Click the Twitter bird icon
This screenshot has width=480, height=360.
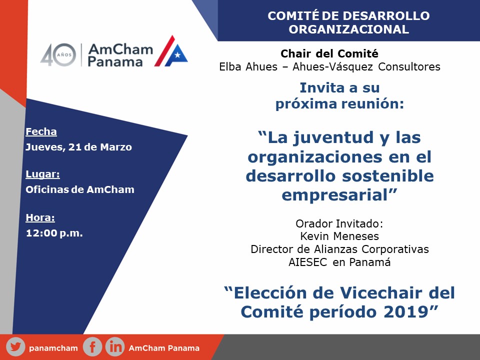click(15, 347)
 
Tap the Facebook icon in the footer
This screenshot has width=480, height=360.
click(92, 347)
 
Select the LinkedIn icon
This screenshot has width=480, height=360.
click(115, 347)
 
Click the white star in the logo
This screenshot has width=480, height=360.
click(177, 55)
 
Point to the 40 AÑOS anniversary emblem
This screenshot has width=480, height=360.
click(58, 55)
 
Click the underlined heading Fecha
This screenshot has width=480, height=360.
click(41, 131)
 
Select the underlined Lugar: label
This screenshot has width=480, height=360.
click(43, 174)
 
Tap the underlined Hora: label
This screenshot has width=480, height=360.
click(40, 217)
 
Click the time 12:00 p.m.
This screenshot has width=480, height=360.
click(54, 233)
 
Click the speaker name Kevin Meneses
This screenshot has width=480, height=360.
click(339, 236)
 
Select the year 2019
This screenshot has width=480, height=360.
click(410, 312)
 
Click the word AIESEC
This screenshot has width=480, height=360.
click(307, 262)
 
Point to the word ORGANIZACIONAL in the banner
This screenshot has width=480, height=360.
click(349, 29)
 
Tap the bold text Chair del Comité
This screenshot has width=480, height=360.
click(329, 53)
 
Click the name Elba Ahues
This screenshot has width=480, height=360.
click(248, 66)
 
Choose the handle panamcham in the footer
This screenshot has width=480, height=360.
click(53, 348)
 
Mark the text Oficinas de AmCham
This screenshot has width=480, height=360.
click(80, 189)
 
